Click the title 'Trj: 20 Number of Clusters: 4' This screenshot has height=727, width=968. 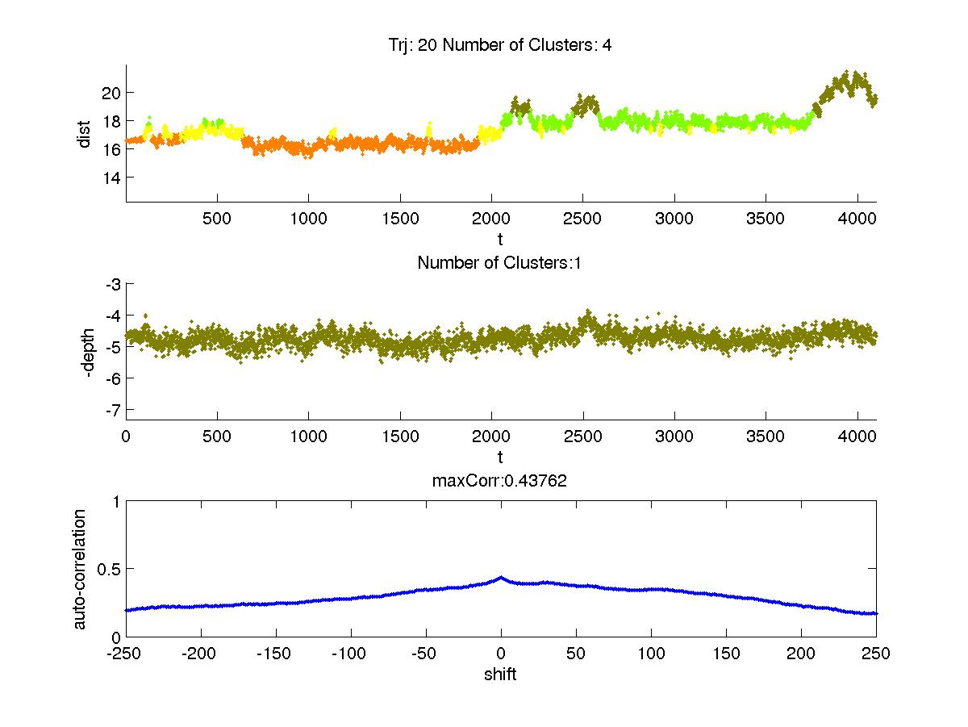click(x=500, y=45)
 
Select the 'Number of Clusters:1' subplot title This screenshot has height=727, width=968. click(x=500, y=262)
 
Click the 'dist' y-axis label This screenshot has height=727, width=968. click(x=84, y=134)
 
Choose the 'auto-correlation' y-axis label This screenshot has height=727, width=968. click(x=81, y=569)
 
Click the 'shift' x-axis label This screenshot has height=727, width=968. click(x=500, y=675)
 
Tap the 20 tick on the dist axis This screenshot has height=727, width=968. click(x=111, y=93)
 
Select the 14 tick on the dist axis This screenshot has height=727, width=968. click(x=111, y=178)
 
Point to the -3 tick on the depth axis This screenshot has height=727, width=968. click(x=112, y=284)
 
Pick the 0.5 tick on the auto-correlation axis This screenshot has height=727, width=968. click(x=109, y=569)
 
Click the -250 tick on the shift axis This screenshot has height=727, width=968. click(x=126, y=654)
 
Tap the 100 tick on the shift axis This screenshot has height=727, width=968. click(x=650, y=654)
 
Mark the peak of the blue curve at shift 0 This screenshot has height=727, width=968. click(x=501, y=578)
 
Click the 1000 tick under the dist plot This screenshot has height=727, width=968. click(x=308, y=219)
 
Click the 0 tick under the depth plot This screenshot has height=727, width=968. click(x=126, y=437)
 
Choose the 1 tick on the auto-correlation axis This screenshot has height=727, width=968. click(x=116, y=501)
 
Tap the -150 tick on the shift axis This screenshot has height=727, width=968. click(x=276, y=654)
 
